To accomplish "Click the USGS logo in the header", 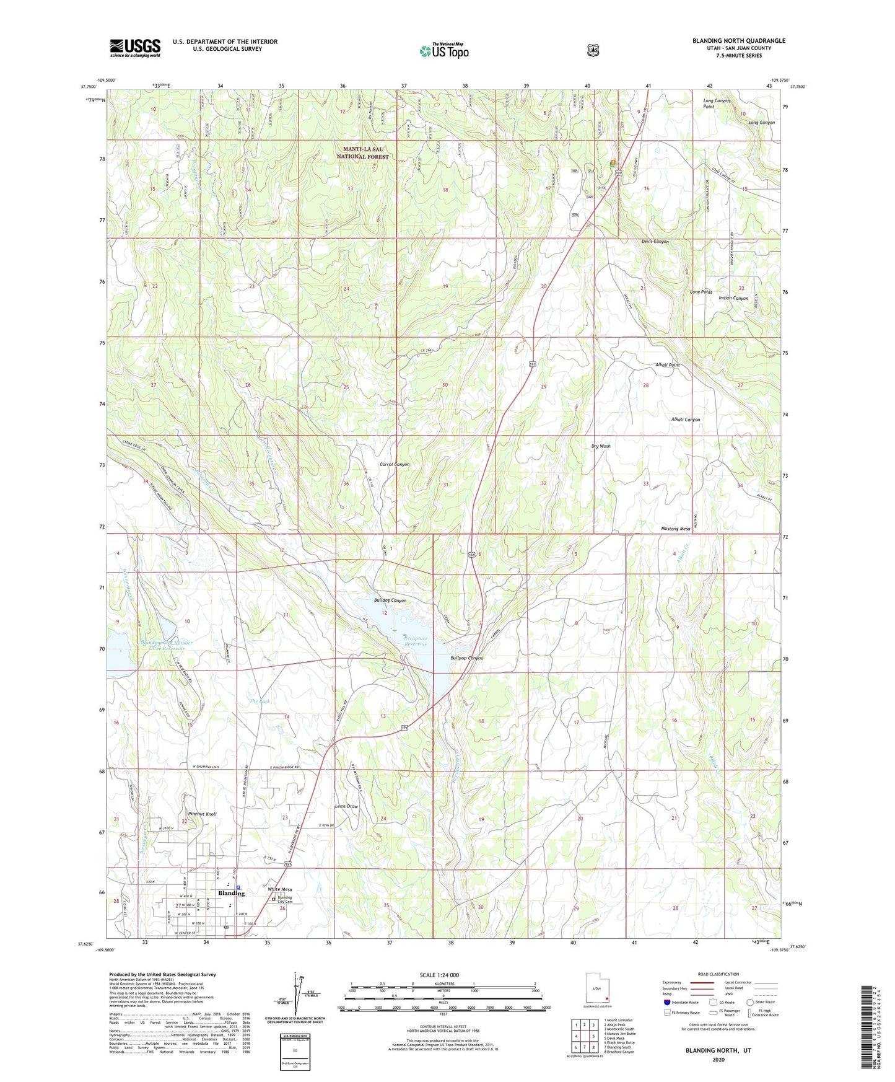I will (x=135, y=48).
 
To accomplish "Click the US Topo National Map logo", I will (x=443, y=51).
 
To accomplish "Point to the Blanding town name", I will (x=231, y=893).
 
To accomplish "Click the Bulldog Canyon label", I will (x=390, y=600).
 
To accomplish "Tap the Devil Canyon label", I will (x=655, y=242).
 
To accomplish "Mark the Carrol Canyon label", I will (x=395, y=464).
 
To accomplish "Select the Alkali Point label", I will (x=667, y=365).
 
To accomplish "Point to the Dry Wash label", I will (x=601, y=446).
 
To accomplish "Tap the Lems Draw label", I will (x=346, y=806).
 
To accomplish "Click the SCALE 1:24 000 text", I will (x=439, y=975).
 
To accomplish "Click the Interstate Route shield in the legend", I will (x=666, y=1001).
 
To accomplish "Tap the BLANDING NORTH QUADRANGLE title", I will (x=738, y=41).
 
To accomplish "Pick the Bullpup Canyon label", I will (x=467, y=658).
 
